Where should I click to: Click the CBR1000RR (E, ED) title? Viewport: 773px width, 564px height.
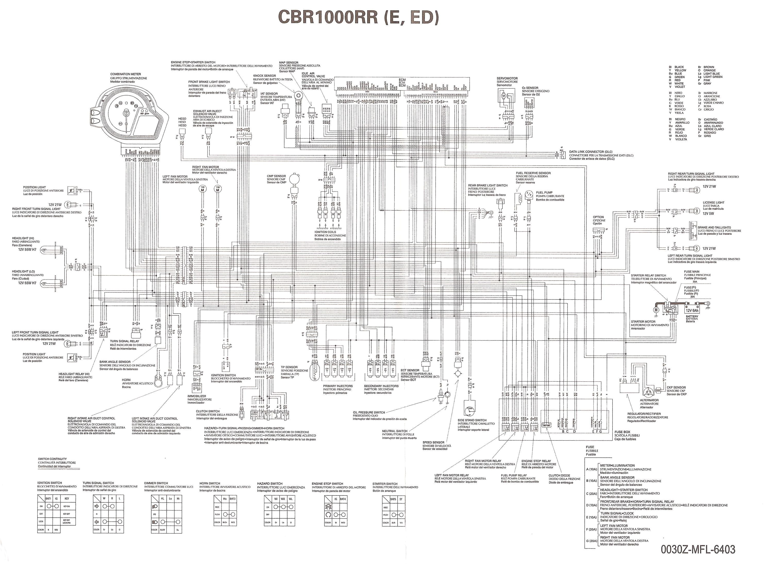358,17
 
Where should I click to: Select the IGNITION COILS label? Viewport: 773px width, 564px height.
325,232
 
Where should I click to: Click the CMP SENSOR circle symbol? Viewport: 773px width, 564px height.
294,179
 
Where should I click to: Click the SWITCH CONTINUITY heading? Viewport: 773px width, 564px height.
52,459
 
